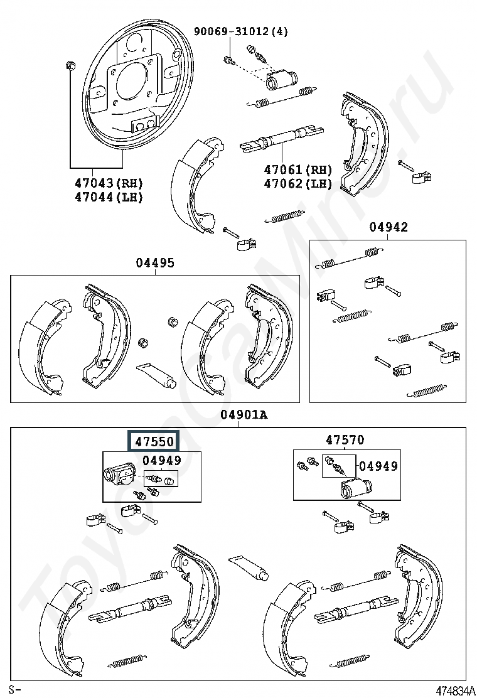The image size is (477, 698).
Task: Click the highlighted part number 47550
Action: pyautogui.click(x=154, y=441)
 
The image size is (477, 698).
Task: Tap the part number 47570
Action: pyautogui.click(x=345, y=440)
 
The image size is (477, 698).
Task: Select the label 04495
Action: pyautogui.click(x=155, y=262)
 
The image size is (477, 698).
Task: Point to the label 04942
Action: pyautogui.click(x=388, y=227)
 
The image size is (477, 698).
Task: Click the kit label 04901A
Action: pyautogui.click(x=244, y=415)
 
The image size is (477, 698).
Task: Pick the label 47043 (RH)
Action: pyautogui.click(x=109, y=183)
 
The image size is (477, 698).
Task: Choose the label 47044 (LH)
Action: pyautogui.click(x=109, y=196)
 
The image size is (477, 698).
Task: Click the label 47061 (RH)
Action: pyautogui.click(x=297, y=169)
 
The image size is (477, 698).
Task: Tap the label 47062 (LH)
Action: pyautogui.click(x=297, y=183)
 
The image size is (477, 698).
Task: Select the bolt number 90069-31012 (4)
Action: pyautogui.click(x=241, y=31)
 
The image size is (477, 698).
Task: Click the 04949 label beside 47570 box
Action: pyautogui.click(x=378, y=466)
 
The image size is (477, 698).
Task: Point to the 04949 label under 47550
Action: pyautogui.click(x=162, y=460)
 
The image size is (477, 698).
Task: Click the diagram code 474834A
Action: pyautogui.click(x=455, y=691)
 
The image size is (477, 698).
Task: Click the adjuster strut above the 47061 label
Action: pyautogui.click(x=281, y=139)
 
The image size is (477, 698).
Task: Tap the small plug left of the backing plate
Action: pyautogui.click(x=70, y=66)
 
